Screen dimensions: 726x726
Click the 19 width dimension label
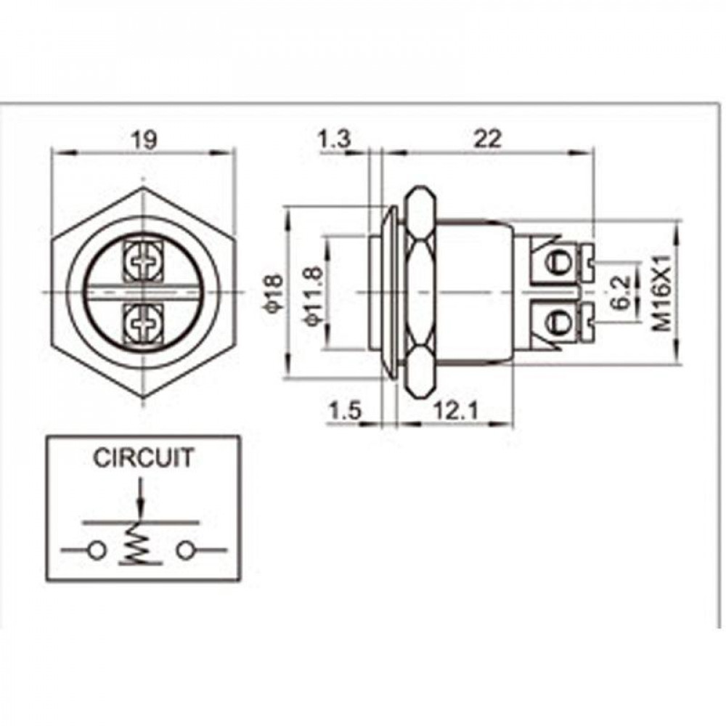coord(144,139)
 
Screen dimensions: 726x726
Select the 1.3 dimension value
coord(333,139)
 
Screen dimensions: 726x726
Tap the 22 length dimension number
coord(488,139)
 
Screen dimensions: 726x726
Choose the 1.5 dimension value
coord(345,412)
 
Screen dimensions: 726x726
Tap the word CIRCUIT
coord(144,458)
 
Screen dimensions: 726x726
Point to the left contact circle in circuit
coord(95,550)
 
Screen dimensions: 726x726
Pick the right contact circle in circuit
coord(186,550)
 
